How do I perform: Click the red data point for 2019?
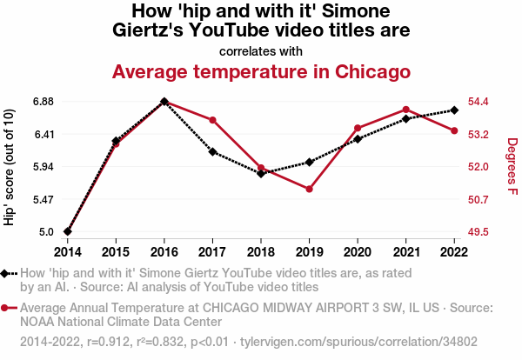point(309,189)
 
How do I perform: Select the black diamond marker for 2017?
point(212,151)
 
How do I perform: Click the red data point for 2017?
point(212,120)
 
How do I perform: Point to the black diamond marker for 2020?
point(358,139)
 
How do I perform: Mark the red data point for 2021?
point(405,110)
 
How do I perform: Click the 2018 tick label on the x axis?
point(260,252)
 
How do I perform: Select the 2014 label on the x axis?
point(67,252)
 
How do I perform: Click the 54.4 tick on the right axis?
point(480,102)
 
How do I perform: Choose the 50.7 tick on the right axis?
point(480,200)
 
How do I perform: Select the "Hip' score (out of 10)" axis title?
point(10,167)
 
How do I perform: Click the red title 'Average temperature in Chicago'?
point(261,70)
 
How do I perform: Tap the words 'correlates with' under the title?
point(261,50)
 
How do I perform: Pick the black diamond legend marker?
point(8,273)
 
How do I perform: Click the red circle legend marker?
point(8,308)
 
